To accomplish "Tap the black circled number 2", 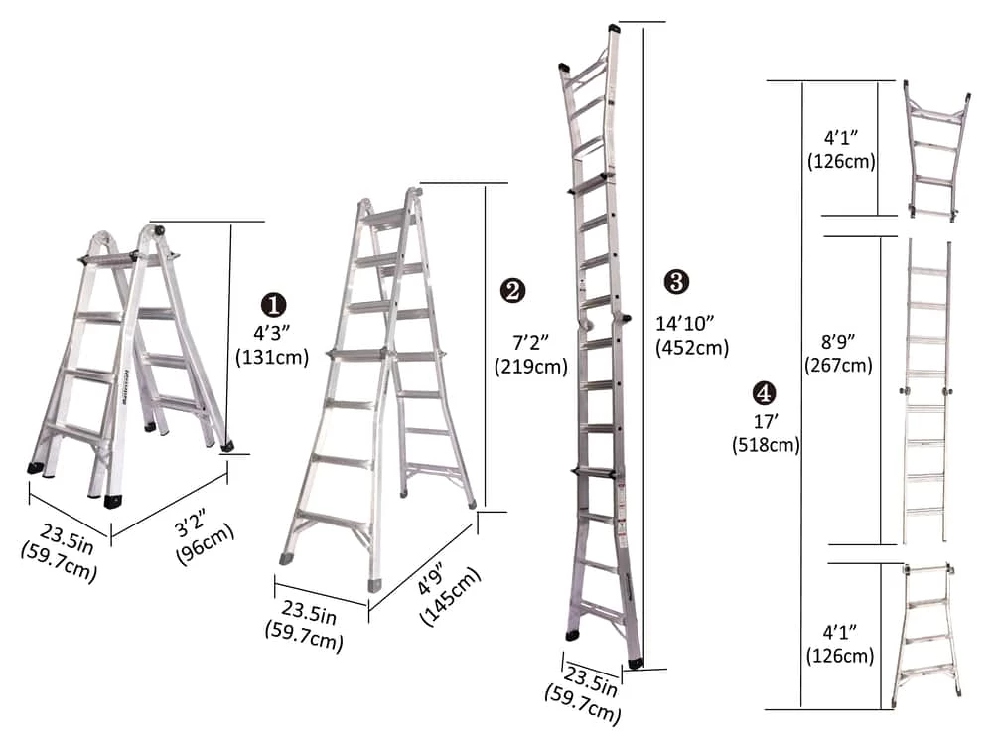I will pyautogui.click(x=512, y=290).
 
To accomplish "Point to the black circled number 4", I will pyautogui.click(x=766, y=391).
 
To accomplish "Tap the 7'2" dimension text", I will pyautogui.click(x=532, y=341).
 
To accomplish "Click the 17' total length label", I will pyautogui.click(x=765, y=421).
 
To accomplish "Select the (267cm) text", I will pyautogui.click(x=839, y=365).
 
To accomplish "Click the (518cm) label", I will pyautogui.click(x=765, y=445).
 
